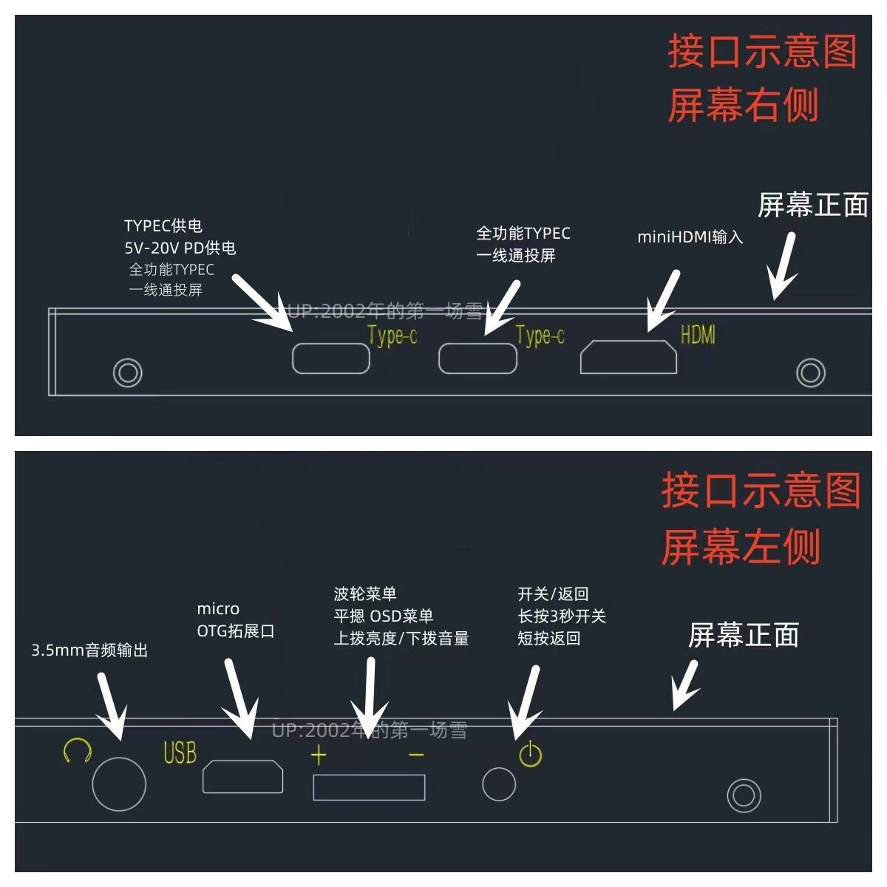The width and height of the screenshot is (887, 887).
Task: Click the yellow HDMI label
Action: pyautogui.click(x=698, y=335)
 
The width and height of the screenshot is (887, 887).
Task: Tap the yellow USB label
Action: pyautogui.click(x=180, y=753)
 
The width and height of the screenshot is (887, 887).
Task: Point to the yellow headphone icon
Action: pyautogui.click(x=77, y=752)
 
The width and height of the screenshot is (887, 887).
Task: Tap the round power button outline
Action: pyautogui.click(x=499, y=768)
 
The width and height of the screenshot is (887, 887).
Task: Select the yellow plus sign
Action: pyautogui.click(x=319, y=755)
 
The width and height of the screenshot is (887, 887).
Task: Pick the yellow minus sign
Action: pyautogui.click(x=416, y=755)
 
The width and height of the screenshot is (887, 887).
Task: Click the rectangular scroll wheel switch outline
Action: pyautogui.click(x=369, y=775)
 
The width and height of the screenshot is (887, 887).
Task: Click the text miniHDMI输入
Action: pyautogui.click(x=690, y=237)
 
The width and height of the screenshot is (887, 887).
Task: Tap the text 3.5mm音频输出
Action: pyautogui.click(x=89, y=650)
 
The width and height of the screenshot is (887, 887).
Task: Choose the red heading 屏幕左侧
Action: pyautogui.click(x=741, y=547)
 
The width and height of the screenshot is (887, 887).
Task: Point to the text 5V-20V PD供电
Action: pyautogui.click(x=180, y=248)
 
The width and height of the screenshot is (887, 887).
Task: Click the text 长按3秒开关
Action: pyautogui.click(x=562, y=616)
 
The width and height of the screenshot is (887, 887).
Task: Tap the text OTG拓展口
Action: pyautogui.click(x=235, y=631)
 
